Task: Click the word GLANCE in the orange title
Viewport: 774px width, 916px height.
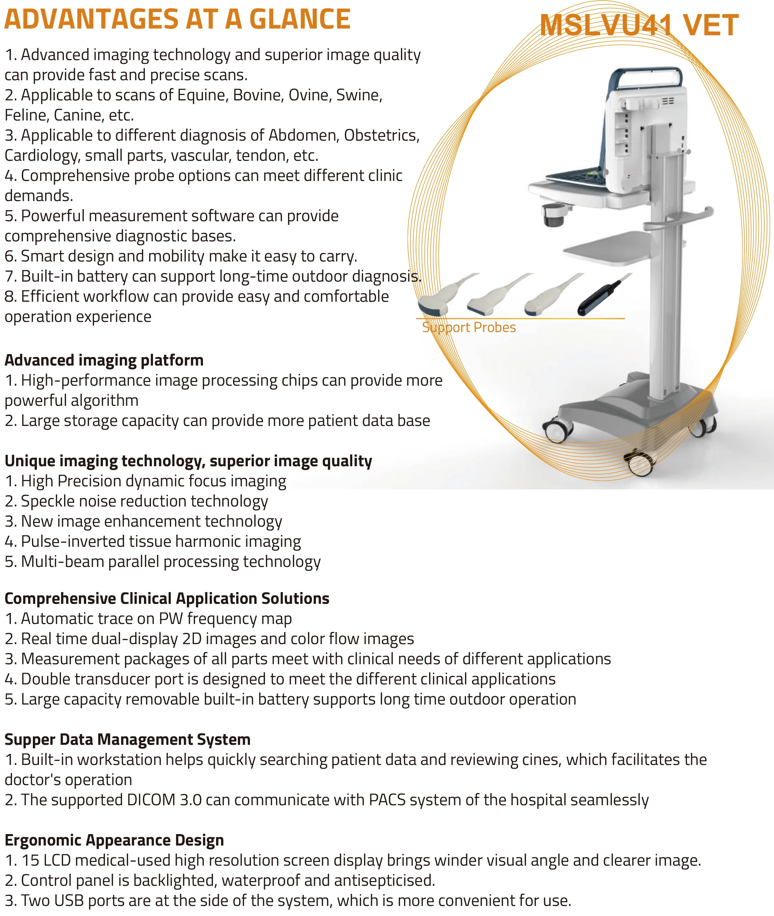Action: pyautogui.click(x=299, y=19)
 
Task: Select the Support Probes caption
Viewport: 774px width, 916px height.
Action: pyautogui.click(x=469, y=327)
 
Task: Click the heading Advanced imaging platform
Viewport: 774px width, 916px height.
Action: pyautogui.click(x=104, y=360)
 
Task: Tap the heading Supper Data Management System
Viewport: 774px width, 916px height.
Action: pyautogui.click(x=127, y=739)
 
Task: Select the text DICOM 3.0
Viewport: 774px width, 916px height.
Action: pyautogui.click(x=164, y=800)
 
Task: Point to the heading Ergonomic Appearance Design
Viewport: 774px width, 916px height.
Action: pyautogui.click(x=114, y=840)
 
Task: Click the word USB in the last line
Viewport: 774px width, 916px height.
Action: pyautogui.click(x=70, y=901)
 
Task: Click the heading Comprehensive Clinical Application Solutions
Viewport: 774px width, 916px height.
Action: pyautogui.click(x=167, y=599)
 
